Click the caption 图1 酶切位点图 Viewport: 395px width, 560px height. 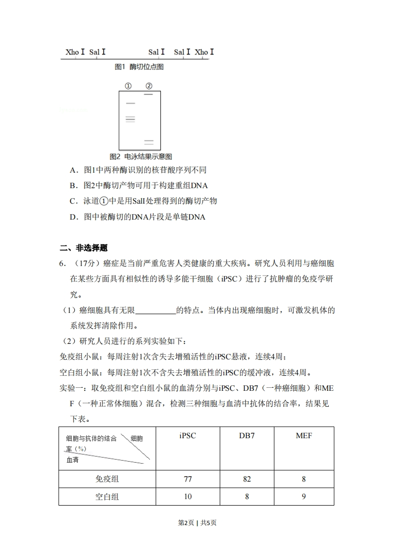139,67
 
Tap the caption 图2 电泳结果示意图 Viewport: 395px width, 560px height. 140,157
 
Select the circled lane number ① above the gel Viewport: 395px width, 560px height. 128,86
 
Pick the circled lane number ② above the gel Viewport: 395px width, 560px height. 148,86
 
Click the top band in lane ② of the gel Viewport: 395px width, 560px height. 148,94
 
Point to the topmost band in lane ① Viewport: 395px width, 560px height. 131,103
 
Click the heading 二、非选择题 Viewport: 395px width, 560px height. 83,248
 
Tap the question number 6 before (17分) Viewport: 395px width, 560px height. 62,264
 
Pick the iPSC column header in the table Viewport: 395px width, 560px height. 187,436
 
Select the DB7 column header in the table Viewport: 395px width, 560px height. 247,436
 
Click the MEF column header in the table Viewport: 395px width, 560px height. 304,436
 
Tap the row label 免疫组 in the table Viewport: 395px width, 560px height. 107,479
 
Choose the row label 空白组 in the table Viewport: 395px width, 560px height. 107,497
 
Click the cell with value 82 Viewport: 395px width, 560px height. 247,479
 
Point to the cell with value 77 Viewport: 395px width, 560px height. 187,479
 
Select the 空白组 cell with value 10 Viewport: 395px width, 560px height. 187,497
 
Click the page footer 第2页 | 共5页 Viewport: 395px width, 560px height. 197,523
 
